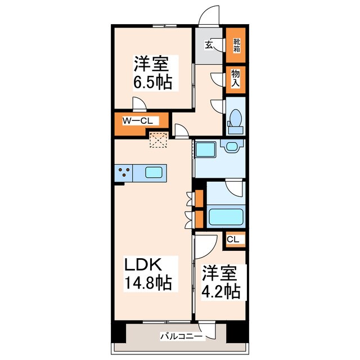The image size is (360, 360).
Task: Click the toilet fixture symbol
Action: [x=235, y=121]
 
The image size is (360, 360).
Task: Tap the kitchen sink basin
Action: [x=154, y=173]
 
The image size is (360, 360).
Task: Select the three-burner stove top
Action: [x=124, y=173]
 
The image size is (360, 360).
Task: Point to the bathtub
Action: [x=225, y=217]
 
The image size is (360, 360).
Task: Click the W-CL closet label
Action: [x=137, y=121]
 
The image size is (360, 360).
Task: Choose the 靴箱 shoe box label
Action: [x=237, y=46]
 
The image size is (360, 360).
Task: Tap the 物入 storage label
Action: [x=236, y=78]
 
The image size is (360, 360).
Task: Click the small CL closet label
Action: [x=233, y=240]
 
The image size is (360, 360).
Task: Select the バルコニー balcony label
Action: [x=181, y=337]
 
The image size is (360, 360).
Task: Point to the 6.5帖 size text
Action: [x=152, y=83]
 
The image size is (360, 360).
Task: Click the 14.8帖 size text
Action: [x=148, y=283]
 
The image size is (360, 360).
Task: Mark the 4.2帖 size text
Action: [x=221, y=291]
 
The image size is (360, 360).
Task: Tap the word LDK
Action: [x=143, y=265]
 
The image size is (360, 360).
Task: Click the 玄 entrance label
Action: [x=209, y=44]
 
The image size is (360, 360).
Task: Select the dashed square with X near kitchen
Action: [x=159, y=139]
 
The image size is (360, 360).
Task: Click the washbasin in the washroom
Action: [x=232, y=146]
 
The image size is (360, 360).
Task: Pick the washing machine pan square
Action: [x=205, y=149]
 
